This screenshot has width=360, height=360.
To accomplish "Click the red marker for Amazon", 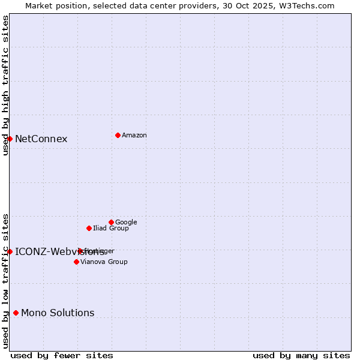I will tap(118, 135).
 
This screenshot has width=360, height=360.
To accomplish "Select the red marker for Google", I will tap(111, 222).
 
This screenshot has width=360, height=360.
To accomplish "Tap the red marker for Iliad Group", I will tap(89, 228).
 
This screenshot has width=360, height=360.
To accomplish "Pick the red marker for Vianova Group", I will tap(76, 262).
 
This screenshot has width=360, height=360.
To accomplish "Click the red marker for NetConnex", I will tap(10, 139).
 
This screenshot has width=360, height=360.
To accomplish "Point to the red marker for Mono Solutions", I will tap(16, 313).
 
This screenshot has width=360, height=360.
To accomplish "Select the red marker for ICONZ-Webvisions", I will tap(10, 251).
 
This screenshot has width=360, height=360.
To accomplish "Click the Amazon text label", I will tap(134, 136).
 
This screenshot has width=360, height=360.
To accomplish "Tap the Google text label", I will tap(126, 223).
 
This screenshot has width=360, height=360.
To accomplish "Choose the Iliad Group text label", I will tap(111, 229).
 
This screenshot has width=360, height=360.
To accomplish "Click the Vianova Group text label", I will tap(104, 262).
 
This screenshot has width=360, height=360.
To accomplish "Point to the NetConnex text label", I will tap(41, 139).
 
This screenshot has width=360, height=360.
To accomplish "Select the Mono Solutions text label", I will tap(58, 313).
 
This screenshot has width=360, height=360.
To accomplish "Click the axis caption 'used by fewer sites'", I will tap(62, 356).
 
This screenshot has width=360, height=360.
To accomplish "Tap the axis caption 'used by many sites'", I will tap(301, 356).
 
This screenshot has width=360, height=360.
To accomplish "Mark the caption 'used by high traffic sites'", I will tap(5, 85).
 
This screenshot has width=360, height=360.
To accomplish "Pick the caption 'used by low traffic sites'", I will tap(5, 280).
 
